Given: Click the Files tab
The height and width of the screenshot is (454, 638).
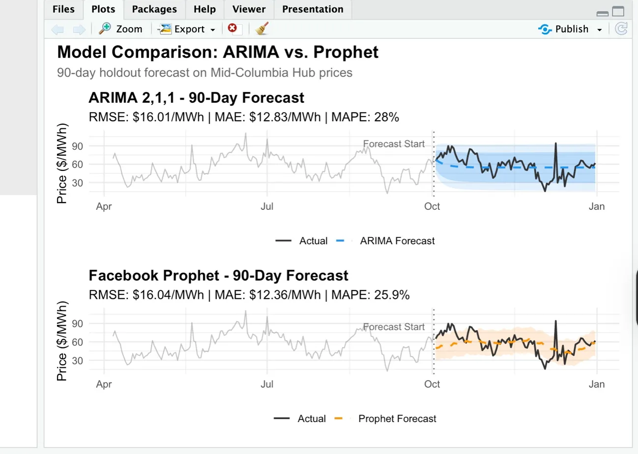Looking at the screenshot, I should pos(63,9).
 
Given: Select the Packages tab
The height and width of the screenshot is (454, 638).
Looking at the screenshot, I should pos(154,9).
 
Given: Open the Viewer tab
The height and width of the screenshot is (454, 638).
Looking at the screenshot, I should pos(248,9).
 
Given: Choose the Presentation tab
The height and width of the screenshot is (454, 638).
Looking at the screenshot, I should pos(313,9).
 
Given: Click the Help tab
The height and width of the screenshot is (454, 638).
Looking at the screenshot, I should pos(204,9).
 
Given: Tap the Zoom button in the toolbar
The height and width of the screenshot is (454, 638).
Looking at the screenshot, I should pos(121,29).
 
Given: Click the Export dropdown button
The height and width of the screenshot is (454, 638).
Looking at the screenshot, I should pos(187,29).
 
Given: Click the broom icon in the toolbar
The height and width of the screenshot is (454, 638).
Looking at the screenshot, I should pos(262,29).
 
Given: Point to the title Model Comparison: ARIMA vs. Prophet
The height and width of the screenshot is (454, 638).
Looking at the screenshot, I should pos(218,52).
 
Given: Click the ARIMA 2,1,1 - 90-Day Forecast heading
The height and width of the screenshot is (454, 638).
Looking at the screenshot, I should pos(196,98).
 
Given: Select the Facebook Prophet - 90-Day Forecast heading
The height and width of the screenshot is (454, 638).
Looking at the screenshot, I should pos(218,275).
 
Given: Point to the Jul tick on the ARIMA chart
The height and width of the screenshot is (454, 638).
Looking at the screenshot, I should pos(267,206).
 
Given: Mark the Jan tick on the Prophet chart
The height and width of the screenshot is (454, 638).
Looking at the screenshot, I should pos(596,384).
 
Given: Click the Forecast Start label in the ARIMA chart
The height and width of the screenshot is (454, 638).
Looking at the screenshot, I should pos(394,144).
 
